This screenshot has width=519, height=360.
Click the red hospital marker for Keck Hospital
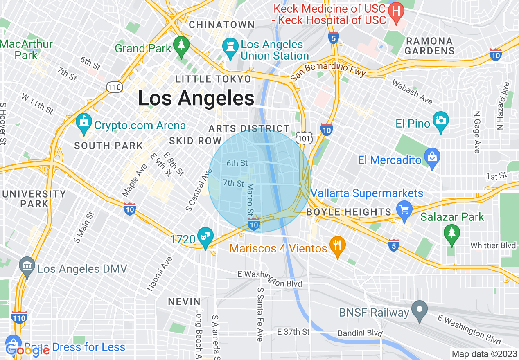tap(396, 10)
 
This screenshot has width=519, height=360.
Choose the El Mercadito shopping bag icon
tap(432, 157)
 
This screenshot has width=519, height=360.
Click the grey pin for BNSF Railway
tap(419, 309)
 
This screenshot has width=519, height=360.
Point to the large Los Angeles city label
tap(196, 99)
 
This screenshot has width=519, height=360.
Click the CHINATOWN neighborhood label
tap(222, 25)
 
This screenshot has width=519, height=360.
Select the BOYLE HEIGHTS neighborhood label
tap(349, 212)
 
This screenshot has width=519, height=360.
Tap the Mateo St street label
tap(249, 200)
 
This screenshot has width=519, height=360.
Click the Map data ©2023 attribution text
tap(484, 354)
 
